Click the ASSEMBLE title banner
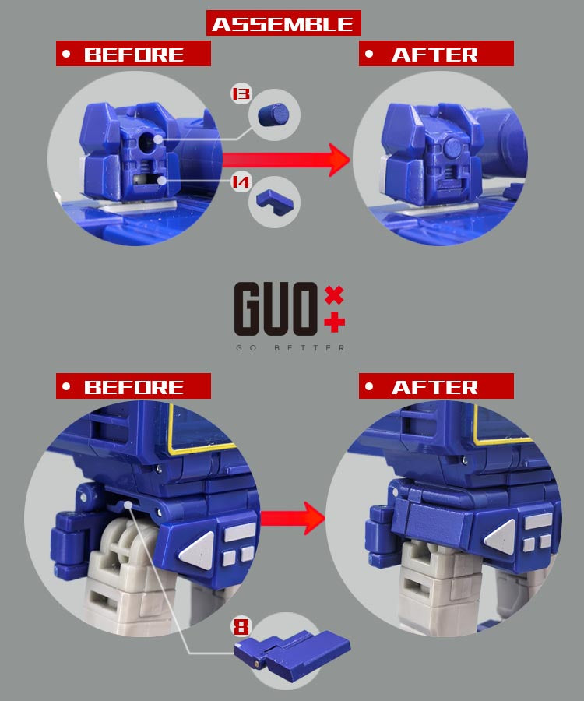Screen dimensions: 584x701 [x=283, y=23]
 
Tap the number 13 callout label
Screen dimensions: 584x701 [x=241, y=94]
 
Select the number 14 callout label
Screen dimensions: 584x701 [x=241, y=182]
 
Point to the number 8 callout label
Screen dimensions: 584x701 [x=241, y=627]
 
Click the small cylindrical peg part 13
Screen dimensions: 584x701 [x=273, y=114]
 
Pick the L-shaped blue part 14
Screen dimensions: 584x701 [x=274, y=202]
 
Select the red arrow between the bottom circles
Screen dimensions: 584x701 [x=293, y=518]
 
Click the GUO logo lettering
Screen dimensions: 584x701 [x=276, y=308]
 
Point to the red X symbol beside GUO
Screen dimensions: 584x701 [x=334, y=295]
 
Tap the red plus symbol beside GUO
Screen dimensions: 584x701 [x=335, y=322]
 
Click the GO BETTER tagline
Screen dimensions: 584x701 [x=290, y=348]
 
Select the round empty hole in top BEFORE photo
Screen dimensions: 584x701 [x=146, y=142]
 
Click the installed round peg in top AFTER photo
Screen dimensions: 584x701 [x=453, y=147]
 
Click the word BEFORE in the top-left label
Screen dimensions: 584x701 [x=134, y=55]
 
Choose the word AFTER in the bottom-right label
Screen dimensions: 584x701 [x=434, y=387]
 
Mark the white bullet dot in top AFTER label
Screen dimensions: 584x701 [x=369, y=54]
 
